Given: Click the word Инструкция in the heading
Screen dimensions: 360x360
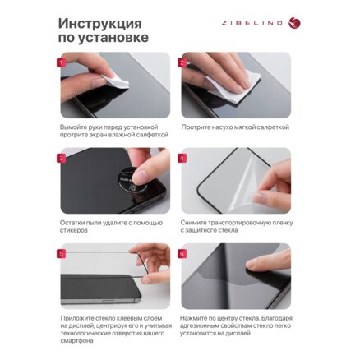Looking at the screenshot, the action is pyautogui.click(x=100, y=25).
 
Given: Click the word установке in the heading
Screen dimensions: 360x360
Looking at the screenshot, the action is pyautogui.click(x=113, y=38).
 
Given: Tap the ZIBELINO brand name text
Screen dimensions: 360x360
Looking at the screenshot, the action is pyautogui.click(x=252, y=23).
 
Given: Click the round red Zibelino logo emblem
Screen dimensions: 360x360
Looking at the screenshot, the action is pyautogui.click(x=294, y=23).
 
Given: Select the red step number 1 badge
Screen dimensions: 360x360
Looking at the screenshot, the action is pyautogui.click(x=62, y=62).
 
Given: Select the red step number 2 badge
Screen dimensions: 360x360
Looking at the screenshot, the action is pyautogui.click(x=182, y=62).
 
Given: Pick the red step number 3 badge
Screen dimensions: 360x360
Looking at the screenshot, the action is pyautogui.click(x=62, y=158).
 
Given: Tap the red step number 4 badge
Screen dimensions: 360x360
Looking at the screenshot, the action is pyautogui.click(x=182, y=158).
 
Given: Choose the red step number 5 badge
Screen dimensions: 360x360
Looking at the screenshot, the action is pyautogui.click(x=62, y=253).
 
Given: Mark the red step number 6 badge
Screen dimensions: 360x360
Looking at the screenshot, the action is pyautogui.click(x=182, y=253).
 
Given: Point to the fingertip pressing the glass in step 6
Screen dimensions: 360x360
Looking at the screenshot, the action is pyautogui.click(x=251, y=265).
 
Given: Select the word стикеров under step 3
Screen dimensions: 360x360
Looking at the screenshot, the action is pyautogui.click(x=74, y=230).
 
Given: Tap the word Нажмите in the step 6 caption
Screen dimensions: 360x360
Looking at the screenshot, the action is pyautogui.click(x=194, y=318).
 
